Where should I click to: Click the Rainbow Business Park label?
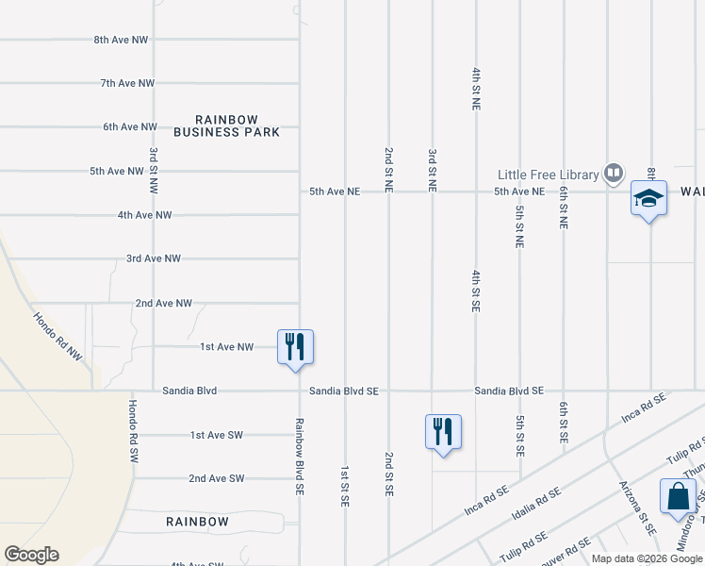point(238,125)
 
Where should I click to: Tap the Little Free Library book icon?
point(614,174)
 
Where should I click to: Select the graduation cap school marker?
point(648,198)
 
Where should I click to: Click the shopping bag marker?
point(678,495)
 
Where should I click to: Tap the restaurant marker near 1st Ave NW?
point(295,346)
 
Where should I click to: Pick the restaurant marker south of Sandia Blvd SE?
point(443,431)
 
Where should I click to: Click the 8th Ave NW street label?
point(122,40)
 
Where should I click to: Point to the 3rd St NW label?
point(153,170)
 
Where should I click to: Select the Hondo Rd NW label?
point(58,337)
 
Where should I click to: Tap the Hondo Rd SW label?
point(134,429)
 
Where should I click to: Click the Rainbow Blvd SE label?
point(299,457)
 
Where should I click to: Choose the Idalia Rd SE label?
point(534,492)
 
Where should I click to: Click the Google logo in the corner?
point(32,555)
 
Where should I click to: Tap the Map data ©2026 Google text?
point(647,558)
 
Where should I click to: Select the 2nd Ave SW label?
point(216,478)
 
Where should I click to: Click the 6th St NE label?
point(563,208)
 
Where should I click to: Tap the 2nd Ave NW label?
point(163,304)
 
